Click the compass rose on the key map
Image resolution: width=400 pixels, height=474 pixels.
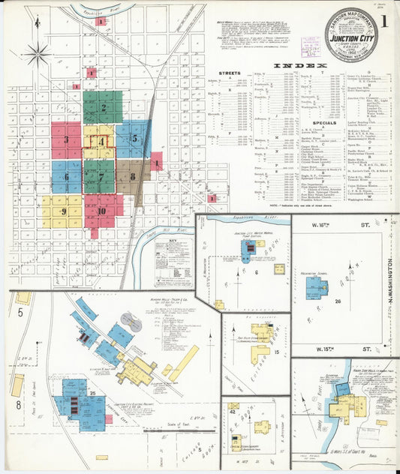pyautogui.click(x=38, y=53)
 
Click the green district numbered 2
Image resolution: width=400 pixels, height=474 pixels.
pyautogui.click(x=102, y=107)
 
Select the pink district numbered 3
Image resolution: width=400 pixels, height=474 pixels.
pyautogui.click(x=66, y=139)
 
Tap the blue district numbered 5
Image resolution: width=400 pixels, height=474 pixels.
pyautogui.click(x=134, y=138)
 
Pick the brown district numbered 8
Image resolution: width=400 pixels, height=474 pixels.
pyautogui.click(x=133, y=177)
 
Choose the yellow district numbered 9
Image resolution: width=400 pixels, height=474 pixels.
pyautogui.click(x=63, y=212)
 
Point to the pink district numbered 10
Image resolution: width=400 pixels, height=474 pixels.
pyautogui.click(x=101, y=211)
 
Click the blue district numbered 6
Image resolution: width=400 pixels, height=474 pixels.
pyautogui.click(x=66, y=177)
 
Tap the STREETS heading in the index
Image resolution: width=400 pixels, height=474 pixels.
pyautogui.click(x=229, y=73)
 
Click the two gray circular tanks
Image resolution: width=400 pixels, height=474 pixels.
pyautogui.click(x=130, y=322)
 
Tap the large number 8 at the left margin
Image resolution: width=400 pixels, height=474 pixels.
pyautogui.click(x=17, y=405)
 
